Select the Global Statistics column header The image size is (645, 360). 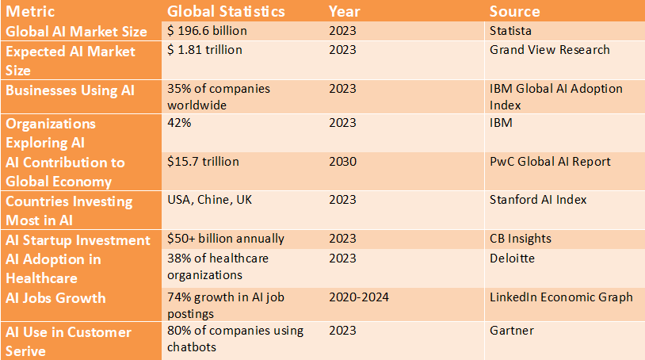tap(226, 11)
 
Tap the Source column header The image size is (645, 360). tap(514, 11)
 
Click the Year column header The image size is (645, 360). tap(344, 11)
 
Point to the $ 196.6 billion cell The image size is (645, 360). tap(207, 31)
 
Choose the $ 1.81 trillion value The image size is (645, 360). tap(204, 50)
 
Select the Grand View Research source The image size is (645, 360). tap(549, 50)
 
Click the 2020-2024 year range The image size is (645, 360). tap(359, 297)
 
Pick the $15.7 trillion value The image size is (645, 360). tap(203, 162)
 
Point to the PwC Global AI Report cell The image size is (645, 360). tap(550, 162)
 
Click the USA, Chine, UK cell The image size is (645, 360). tap(209, 200)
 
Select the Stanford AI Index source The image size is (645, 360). tap(538, 200)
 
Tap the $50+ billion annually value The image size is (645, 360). tap(225, 239)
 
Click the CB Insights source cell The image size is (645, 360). tap(520, 239)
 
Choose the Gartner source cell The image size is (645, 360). tap(512, 331)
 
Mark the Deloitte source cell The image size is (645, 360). tap(512, 258)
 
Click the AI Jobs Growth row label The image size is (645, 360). tap(56, 298)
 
